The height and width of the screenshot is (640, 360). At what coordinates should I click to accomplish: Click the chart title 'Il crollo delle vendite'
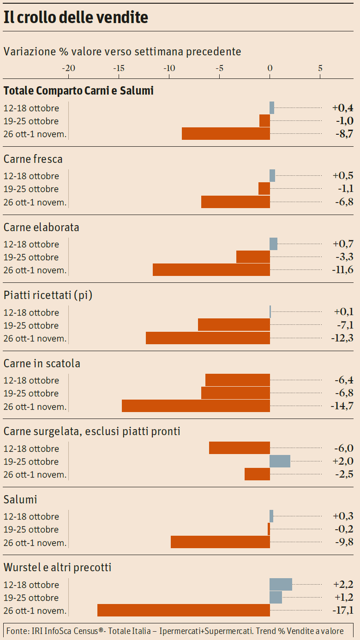coord(76,18)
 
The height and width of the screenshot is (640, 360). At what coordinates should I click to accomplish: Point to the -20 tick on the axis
coord(68,68)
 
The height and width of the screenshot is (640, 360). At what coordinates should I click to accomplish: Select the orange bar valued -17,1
coord(184,610)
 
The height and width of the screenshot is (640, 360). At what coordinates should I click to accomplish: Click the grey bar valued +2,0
coord(280,461)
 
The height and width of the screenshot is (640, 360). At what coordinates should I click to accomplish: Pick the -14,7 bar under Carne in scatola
coord(196,406)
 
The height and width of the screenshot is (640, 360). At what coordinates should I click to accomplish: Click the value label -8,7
coord(344,134)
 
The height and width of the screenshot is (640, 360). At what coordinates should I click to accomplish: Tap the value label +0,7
coord(343,244)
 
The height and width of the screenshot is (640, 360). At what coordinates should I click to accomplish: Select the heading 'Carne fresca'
coord(33,159)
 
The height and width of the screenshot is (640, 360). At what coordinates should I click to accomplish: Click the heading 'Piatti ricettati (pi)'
coord(48,295)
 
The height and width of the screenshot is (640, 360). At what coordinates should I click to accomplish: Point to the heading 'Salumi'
coord(20,500)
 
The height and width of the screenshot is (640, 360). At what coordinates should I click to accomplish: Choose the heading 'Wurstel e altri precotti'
coord(57,568)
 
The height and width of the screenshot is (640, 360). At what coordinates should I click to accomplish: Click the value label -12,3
coord(342,338)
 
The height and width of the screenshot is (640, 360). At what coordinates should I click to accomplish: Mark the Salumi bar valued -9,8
coord(220,542)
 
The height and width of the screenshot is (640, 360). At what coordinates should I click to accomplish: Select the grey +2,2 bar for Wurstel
coord(281,584)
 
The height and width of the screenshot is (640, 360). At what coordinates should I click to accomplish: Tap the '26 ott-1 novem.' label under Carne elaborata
coord(35,270)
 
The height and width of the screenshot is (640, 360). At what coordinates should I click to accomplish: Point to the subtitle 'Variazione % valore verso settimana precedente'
coord(122,52)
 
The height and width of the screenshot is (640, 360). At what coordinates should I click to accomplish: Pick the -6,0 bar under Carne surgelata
coord(239,448)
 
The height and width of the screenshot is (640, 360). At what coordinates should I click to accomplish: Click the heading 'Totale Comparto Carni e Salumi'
coord(78,91)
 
